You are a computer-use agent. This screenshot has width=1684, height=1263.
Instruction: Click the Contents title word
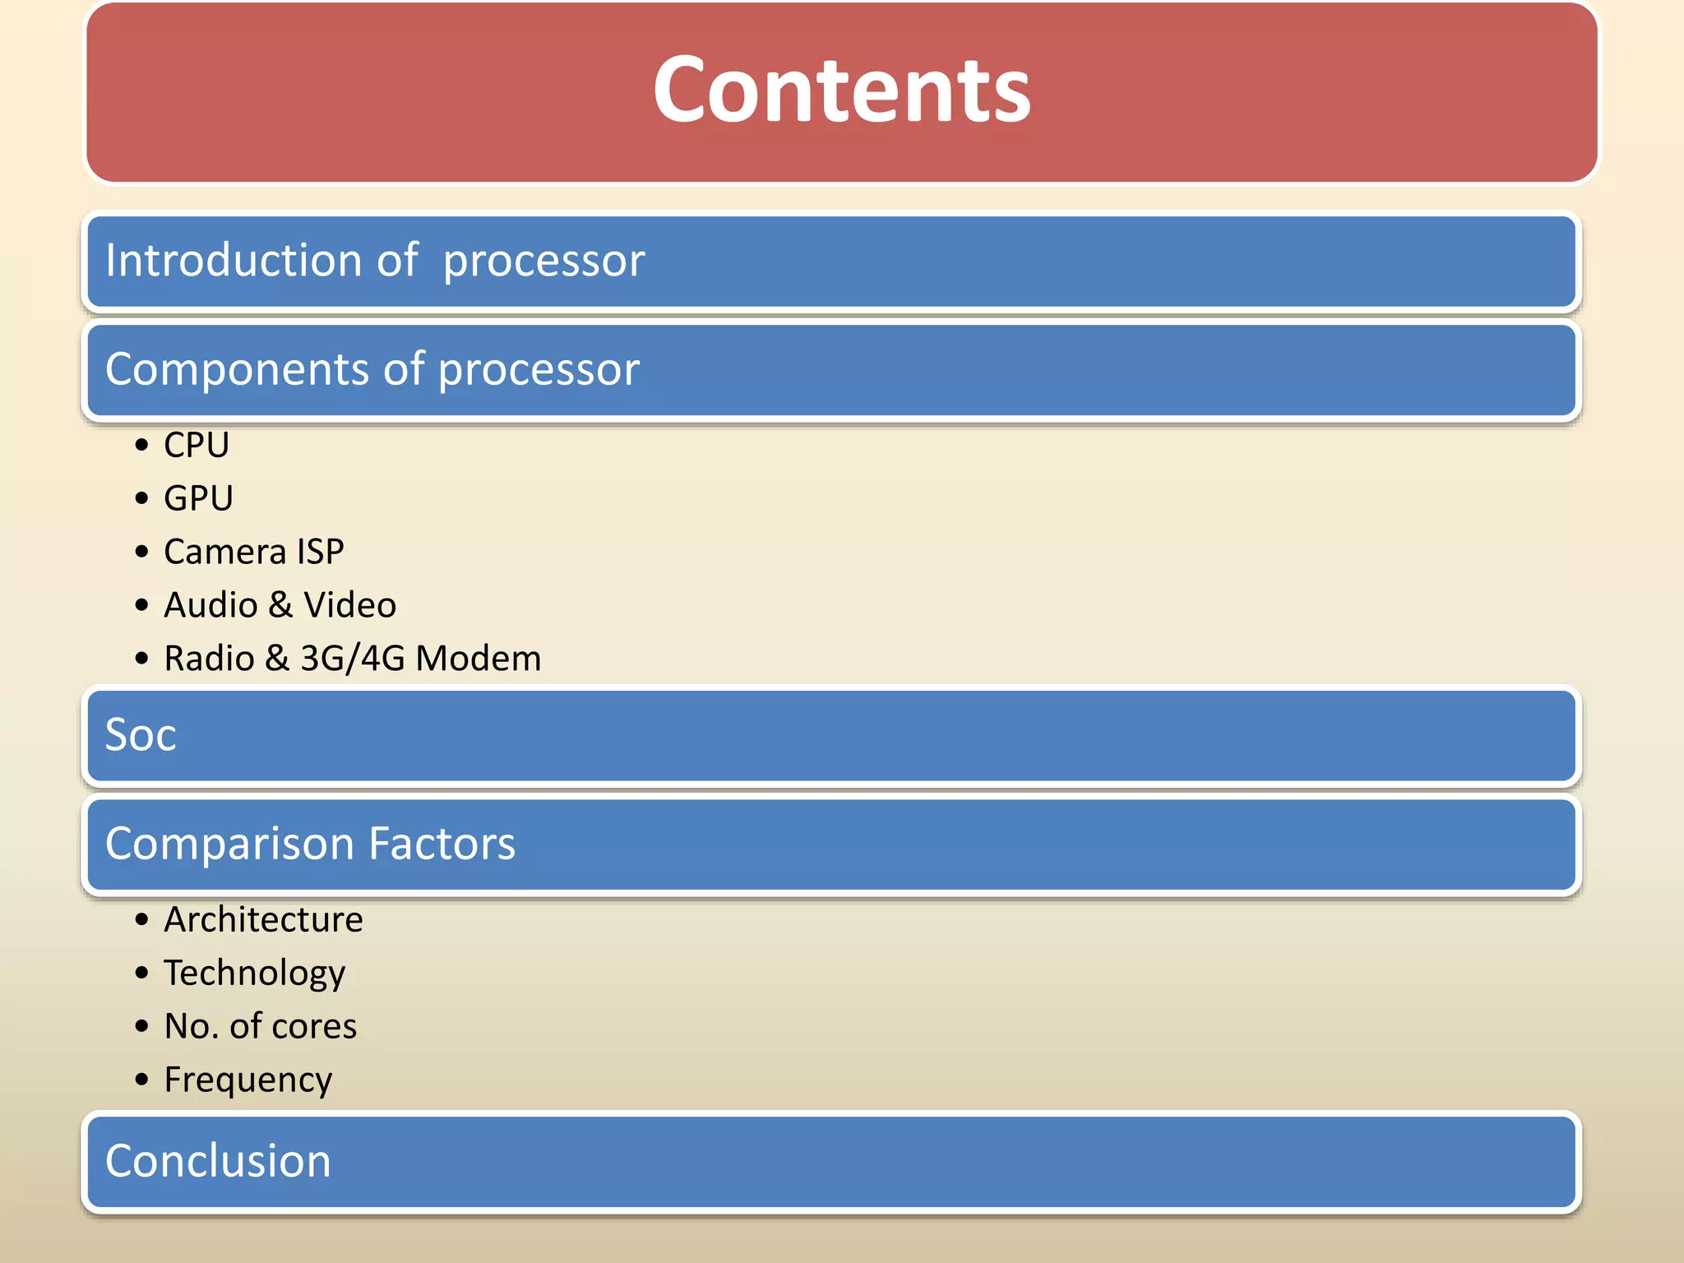click(x=841, y=89)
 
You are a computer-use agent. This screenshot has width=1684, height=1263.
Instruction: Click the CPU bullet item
click(x=197, y=446)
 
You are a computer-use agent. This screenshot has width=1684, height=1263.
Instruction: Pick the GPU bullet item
click(x=198, y=498)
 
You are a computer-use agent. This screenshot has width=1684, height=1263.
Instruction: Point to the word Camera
click(x=224, y=552)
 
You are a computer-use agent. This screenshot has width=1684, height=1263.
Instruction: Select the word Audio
click(x=211, y=605)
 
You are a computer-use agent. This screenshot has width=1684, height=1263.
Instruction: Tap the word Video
click(x=349, y=605)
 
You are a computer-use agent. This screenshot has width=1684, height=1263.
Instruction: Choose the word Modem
click(x=479, y=659)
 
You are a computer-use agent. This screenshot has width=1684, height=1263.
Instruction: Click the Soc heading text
click(x=141, y=734)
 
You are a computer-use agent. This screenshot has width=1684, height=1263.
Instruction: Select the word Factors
click(x=442, y=844)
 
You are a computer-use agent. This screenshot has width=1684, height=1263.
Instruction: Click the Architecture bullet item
click(x=263, y=919)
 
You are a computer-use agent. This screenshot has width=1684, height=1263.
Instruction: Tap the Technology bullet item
click(x=254, y=974)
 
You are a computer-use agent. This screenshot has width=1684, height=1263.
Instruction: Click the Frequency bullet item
click(x=248, y=1080)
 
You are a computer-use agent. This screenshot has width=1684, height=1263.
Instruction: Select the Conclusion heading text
click(x=218, y=1161)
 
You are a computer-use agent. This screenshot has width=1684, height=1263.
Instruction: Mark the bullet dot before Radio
click(x=142, y=659)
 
